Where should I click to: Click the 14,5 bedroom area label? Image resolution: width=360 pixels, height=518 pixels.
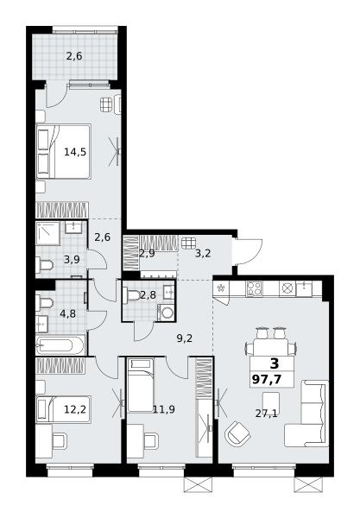click(x=75, y=152)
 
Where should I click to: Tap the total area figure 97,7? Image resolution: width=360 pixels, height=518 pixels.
click(x=267, y=379)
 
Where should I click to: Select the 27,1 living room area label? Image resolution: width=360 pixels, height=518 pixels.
click(x=266, y=413)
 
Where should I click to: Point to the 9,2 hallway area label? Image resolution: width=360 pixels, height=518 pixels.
click(x=184, y=338)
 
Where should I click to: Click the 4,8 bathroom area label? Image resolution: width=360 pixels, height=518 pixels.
click(x=67, y=313)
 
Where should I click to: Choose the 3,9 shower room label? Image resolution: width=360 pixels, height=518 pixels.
click(x=72, y=260)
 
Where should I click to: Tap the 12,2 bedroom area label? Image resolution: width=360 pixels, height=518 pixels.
click(x=75, y=409)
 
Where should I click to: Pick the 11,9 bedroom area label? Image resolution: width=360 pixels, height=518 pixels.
click(x=164, y=409)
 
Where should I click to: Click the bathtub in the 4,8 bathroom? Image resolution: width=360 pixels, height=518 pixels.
click(x=60, y=345)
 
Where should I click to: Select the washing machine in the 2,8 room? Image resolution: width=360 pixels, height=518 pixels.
click(x=166, y=313)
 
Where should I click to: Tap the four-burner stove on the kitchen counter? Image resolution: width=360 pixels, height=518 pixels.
click(x=254, y=288)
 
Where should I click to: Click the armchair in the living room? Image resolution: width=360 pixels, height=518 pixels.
click(x=237, y=433)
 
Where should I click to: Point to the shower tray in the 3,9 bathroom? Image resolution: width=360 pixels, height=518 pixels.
click(x=47, y=233)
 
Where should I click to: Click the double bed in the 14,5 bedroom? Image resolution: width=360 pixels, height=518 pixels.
click(x=63, y=152)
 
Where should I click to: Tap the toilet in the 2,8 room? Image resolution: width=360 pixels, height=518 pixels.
click(x=131, y=295)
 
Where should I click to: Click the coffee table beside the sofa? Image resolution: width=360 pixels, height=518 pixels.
click(x=271, y=401)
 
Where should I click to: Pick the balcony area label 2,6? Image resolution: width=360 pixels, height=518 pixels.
click(x=74, y=56)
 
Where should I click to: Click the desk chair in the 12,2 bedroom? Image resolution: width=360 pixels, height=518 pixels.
click(x=60, y=440)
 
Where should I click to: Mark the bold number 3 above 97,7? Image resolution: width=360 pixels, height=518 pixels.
click(x=275, y=363)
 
